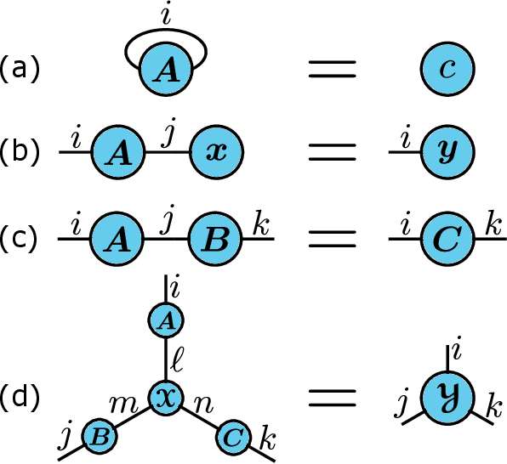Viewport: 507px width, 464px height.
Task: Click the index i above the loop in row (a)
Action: point(166,14)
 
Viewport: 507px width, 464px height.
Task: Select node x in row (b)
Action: point(217,153)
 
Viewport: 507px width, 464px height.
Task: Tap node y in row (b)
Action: point(447,153)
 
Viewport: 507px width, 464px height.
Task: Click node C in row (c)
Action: point(447,239)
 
